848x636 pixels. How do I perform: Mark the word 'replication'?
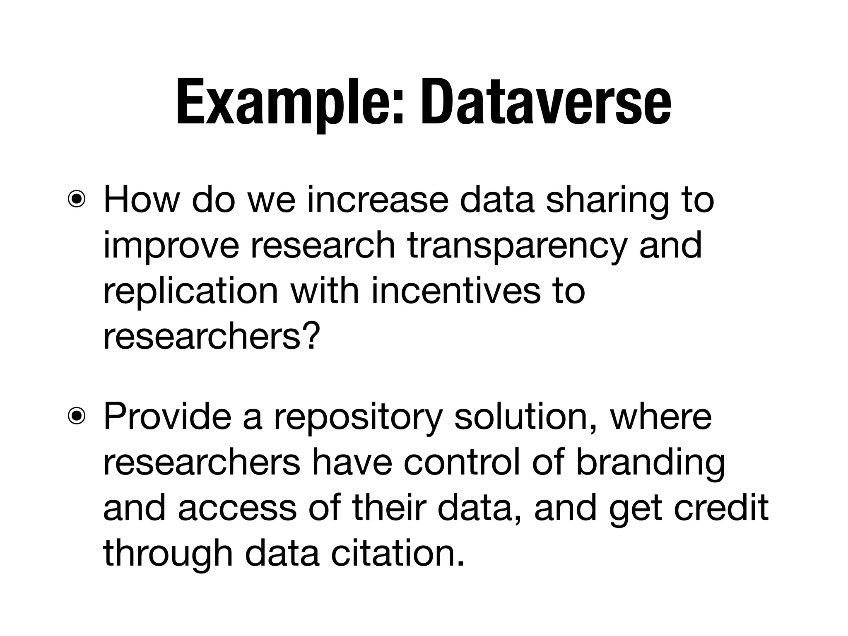click(190, 292)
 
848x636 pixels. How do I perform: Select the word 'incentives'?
click(455, 291)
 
